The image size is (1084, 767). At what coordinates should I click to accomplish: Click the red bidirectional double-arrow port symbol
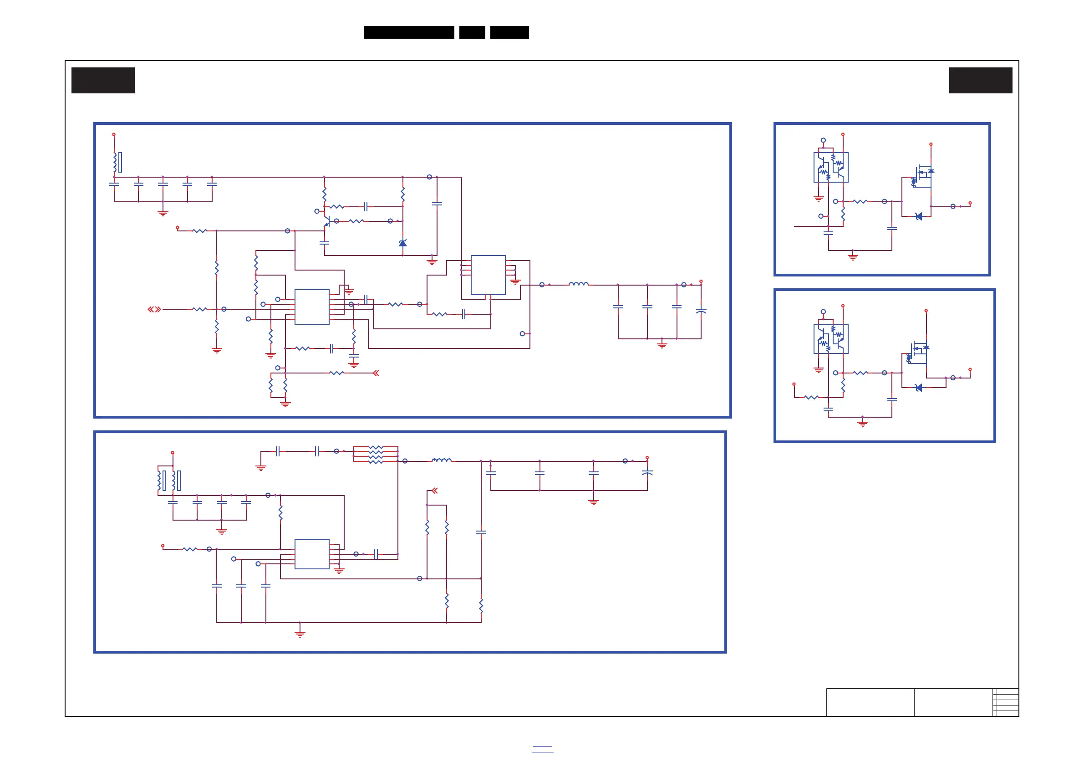pos(154,309)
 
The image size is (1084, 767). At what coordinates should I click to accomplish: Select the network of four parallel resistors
pos(376,455)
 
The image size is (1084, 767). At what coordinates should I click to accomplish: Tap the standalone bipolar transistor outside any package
pos(327,220)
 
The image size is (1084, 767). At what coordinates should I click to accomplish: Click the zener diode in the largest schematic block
pos(403,243)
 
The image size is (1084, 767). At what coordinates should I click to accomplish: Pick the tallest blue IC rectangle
pos(488,275)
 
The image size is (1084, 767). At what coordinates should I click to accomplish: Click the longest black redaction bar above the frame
pos(409,32)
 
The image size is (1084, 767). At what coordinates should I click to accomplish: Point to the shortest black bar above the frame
pos(472,32)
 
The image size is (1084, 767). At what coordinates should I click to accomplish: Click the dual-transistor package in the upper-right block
pos(831,167)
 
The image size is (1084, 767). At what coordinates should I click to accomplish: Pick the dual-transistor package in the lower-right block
pos(831,338)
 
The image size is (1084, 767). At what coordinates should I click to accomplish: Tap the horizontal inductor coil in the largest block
pos(578,284)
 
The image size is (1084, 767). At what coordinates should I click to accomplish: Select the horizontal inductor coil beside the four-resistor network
pos(442,460)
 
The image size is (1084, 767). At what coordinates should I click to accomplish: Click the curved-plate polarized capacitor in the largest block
pos(701,311)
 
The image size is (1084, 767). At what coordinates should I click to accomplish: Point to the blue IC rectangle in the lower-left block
pos(311,554)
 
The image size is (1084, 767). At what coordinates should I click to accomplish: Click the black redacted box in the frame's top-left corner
pos(103,80)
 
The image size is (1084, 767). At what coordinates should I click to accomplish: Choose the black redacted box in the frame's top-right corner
pos(981,80)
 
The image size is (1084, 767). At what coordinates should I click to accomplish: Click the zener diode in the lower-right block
pos(919,388)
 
